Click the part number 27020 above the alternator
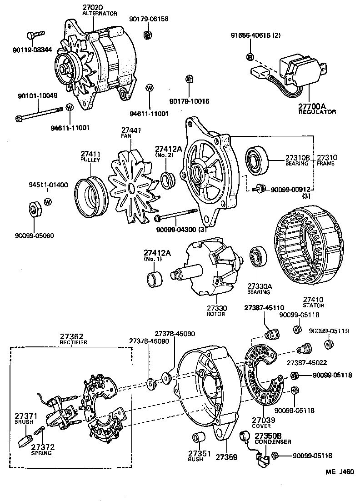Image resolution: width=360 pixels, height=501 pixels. pos(93,8)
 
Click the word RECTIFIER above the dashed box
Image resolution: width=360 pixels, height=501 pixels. pos(74,342)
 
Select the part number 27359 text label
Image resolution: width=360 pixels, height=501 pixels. pos(226,456)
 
